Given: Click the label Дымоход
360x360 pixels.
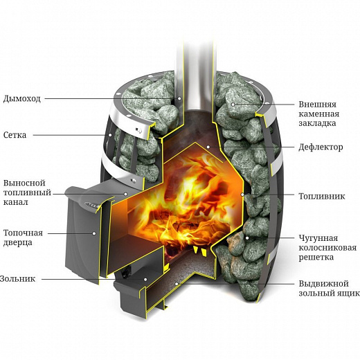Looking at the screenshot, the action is (x=22, y=99).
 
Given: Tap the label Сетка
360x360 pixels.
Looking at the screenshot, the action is (x=15, y=135).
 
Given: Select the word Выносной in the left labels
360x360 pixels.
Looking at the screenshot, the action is (x=24, y=183).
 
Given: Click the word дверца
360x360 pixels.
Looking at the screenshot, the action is (x=17, y=243).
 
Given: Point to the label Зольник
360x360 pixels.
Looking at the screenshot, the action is (x=17, y=279).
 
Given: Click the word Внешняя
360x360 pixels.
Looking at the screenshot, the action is (x=318, y=105).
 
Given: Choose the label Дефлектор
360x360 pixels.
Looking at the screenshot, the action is (x=321, y=147).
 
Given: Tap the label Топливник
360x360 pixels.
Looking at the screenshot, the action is (x=322, y=196).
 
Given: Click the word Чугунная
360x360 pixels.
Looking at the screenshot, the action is (x=318, y=238).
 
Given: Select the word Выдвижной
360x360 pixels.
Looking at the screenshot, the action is (x=324, y=284).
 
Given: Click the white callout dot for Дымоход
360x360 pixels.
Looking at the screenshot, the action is (x=179, y=98).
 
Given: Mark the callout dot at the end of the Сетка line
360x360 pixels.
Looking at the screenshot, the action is (x=110, y=135).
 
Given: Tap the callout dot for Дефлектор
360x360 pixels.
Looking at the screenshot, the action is (x=208, y=147).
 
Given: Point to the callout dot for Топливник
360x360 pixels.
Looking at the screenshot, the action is (x=242, y=195).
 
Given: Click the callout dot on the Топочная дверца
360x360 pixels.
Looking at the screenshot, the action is (x=94, y=233).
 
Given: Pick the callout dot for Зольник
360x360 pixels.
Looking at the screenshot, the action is (x=145, y=279).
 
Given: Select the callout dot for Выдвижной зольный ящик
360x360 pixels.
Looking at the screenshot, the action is (x=177, y=284).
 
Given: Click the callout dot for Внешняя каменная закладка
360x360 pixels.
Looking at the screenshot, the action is (x=233, y=105).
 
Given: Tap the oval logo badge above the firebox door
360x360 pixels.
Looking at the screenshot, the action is (x=92, y=205).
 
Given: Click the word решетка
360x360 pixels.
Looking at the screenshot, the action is (x=316, y=258).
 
